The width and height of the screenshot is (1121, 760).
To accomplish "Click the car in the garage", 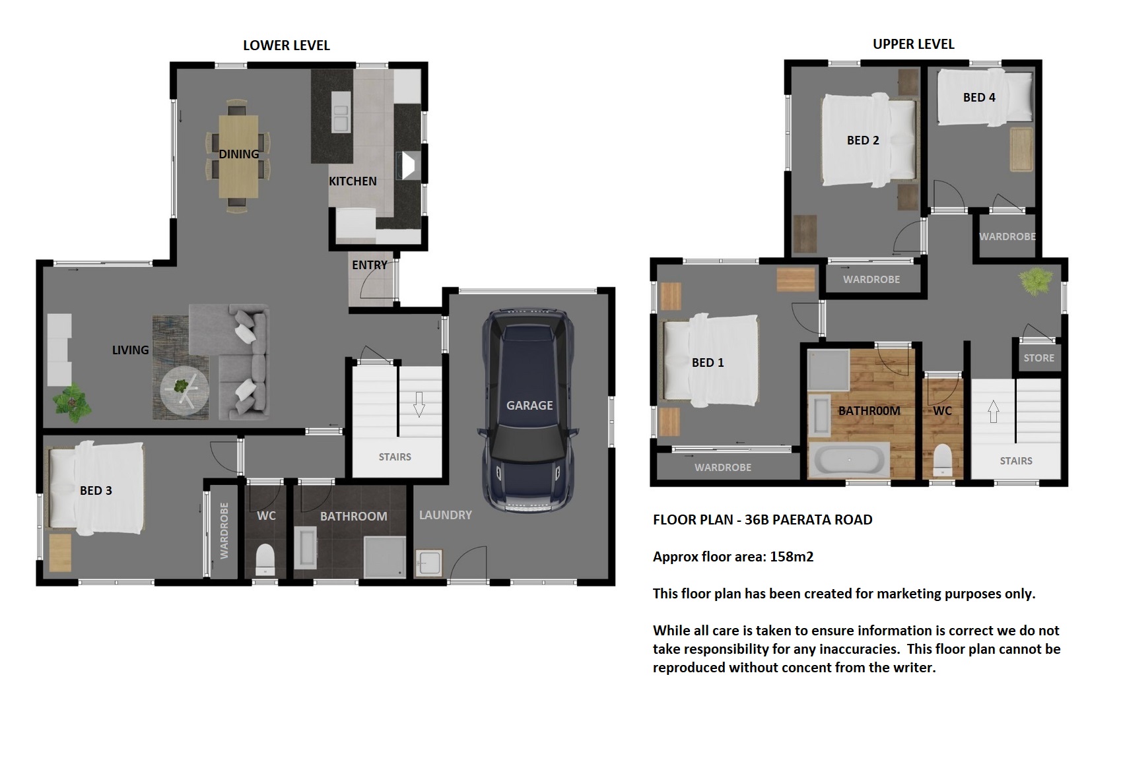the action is (x=528, y=410).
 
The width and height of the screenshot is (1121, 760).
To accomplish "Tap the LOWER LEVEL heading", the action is (x=287, y=46).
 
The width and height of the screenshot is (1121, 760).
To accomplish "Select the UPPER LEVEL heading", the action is (x=913, y=44).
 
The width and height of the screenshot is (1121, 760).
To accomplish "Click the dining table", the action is (x=239, y=156).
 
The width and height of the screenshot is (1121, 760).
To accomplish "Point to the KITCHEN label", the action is (x=353, y=181).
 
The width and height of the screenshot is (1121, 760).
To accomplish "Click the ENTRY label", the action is (x=369, y=265).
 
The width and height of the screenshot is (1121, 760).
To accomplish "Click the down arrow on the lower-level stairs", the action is (x=419, y=404).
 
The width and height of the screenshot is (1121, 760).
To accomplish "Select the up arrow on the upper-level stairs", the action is (x=994, y=412).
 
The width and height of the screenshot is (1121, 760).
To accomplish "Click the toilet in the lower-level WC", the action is (x=265, y=560).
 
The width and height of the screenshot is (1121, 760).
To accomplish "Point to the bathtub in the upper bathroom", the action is (x=849, y=460).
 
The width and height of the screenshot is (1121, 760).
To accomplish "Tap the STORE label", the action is (x=1038, y=358).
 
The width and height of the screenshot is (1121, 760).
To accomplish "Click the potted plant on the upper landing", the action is (x=1036, y=280).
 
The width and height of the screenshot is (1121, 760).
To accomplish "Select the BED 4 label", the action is (x=979, y=98).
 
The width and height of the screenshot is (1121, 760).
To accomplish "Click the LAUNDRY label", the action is (x=446, y=515).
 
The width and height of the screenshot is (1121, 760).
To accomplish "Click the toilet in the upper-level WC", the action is (x=942, y=460).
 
